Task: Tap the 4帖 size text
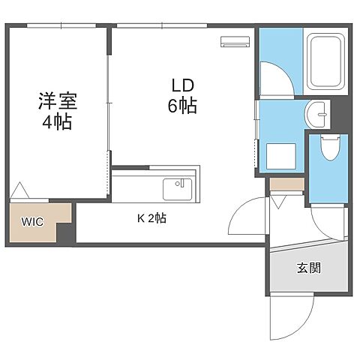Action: [57, 122]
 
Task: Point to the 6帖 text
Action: [182, 106]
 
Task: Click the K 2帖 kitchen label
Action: [151, 218]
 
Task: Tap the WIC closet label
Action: [31, 223]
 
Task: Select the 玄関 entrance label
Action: [308, 268]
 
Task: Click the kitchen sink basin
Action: [178, 187]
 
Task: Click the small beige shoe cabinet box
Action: [286, 184]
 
